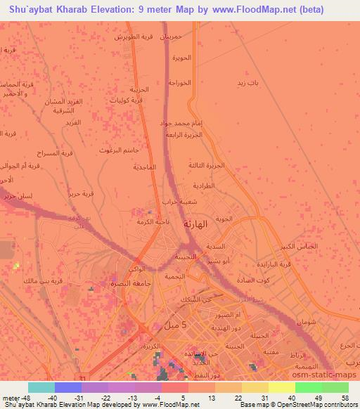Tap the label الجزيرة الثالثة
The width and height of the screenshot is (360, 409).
(x=205, y=165)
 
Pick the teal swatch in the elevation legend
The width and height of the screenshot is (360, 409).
(x=41, y=387)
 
